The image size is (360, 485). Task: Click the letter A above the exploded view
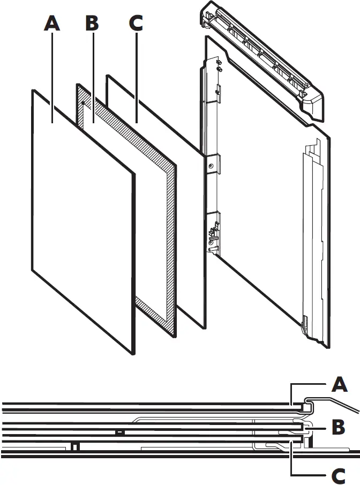pos(51,24)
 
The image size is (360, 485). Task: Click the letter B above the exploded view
pos(92,24)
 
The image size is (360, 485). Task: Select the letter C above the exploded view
pos(136,24)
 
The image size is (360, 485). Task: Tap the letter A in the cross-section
pos(340,385)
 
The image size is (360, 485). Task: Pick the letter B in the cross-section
pos(339,428)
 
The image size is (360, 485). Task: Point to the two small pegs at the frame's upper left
pos(219,66)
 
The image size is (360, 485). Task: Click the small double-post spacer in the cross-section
pos(76,446)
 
